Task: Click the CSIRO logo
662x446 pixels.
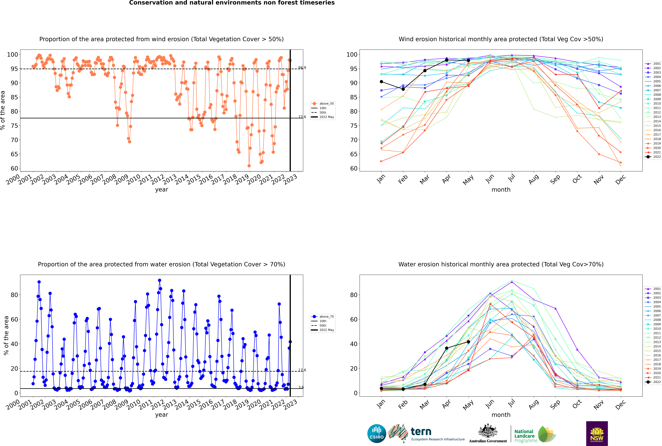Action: tap(377, 434)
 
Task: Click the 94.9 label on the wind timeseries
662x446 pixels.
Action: tap(302, 68)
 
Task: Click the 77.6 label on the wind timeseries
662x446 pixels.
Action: tap(302, 117)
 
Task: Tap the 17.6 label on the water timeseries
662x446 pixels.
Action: tap(302, 370)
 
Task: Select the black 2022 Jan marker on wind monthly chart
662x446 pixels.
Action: tap(381, 82)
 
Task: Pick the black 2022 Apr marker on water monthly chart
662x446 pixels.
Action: tap(447, 348)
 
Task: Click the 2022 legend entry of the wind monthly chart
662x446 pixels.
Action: tap(653, 157)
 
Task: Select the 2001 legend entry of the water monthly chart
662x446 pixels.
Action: tap(653, 289)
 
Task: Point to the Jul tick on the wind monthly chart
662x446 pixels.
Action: tap(511, 178)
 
